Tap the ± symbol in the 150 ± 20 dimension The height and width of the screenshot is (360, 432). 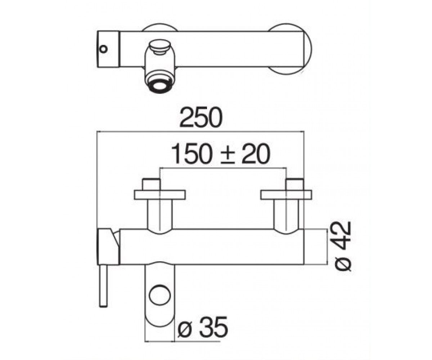point(228,156)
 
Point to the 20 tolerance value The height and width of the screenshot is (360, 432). point(256,153)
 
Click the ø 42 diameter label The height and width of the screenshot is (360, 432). point(342,246)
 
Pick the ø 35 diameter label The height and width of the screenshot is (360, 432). point(203,330)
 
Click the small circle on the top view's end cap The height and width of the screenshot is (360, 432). point(103,49)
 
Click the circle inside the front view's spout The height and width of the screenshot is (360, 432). point(160,295)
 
